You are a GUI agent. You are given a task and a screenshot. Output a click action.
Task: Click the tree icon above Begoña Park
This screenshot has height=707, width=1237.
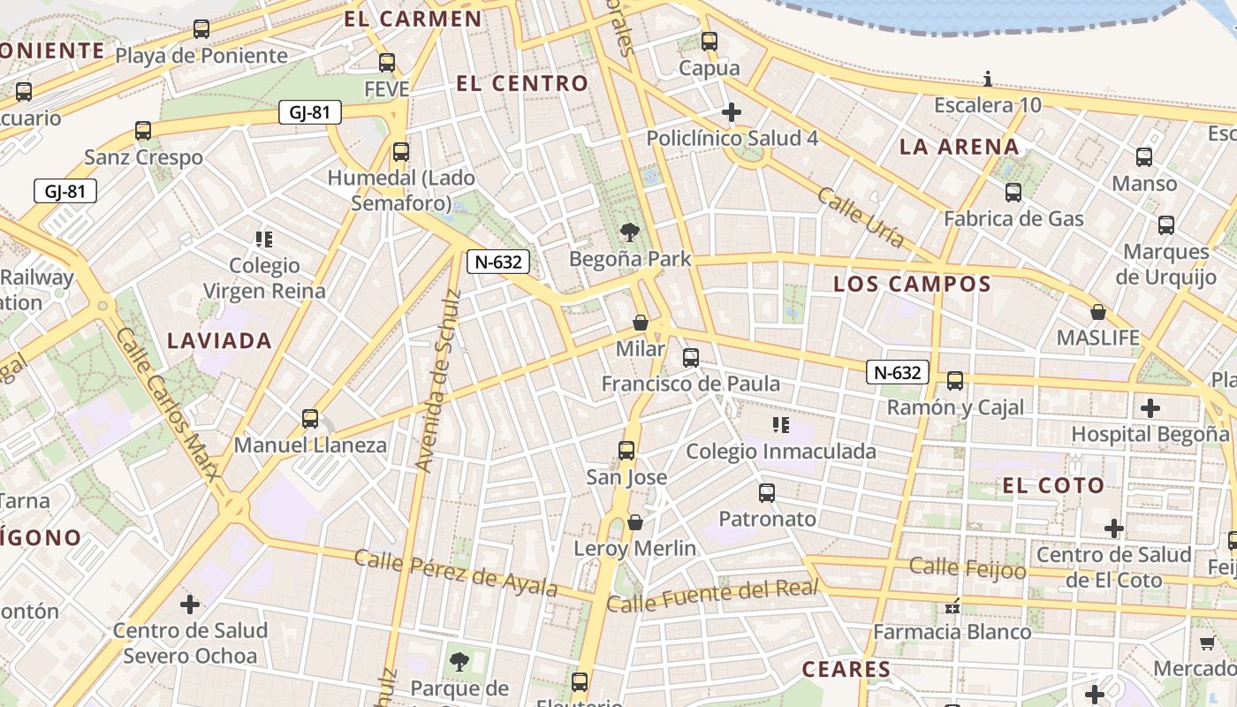coord(629,232)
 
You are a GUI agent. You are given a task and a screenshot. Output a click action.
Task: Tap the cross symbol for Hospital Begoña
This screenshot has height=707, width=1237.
coord(1150,407)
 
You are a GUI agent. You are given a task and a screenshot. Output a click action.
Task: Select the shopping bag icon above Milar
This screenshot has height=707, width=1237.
coord(641,323)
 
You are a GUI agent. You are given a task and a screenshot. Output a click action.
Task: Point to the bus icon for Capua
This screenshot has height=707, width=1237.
coord(709,41)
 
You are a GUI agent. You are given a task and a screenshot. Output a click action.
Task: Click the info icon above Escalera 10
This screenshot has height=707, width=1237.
coord(988,80)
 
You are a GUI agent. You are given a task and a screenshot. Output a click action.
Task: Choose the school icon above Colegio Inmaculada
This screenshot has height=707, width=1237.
coord(780,425)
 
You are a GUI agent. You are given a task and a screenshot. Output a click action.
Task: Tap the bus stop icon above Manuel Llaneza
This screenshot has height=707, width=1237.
coord(309,418)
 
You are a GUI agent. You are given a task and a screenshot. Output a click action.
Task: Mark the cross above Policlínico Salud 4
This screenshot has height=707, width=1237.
coord(731,112)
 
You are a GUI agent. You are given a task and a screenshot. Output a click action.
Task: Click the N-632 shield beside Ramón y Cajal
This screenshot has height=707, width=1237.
coord(898,373)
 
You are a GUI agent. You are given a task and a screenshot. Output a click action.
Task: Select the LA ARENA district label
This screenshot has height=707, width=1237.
coord(959,147)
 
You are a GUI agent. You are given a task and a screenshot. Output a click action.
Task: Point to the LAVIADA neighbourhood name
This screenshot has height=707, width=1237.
coord(219,340)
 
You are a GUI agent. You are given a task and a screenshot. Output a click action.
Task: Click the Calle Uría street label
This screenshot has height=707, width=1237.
coord(861,217)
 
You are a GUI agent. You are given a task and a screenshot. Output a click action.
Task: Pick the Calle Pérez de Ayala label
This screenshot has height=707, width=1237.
coord(456,572)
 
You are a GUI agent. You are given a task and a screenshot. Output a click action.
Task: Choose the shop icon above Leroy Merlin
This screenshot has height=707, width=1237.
coord(634,522)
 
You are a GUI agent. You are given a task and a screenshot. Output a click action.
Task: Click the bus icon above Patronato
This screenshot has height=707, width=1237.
coord(767,492)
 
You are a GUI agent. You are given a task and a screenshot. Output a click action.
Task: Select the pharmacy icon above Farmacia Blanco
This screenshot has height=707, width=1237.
coord(952,606)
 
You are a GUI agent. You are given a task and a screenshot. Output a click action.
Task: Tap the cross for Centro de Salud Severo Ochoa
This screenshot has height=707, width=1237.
coord(190,604)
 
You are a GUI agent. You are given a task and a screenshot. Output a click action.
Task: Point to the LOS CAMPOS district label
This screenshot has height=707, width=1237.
coord(912,284)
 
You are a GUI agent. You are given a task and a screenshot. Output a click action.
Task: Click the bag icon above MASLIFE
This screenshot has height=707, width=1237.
coord(1097,312)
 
